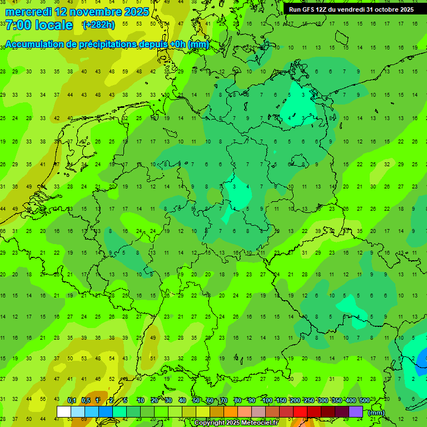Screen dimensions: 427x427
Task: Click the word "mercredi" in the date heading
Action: (28, 12)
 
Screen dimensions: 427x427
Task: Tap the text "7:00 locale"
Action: (39, 25)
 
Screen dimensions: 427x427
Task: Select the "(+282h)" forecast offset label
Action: (98, 25)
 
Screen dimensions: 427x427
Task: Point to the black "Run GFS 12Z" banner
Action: (351, 9)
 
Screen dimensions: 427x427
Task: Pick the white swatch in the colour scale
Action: (64, 411)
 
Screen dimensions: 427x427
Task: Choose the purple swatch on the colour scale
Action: (356, 411)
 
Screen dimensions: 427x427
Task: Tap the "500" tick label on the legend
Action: (364, 400)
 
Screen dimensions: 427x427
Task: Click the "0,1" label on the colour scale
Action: (72, 400)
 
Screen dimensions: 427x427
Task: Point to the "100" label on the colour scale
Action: (267, 400)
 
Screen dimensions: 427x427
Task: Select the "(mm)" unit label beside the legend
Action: (376, 413)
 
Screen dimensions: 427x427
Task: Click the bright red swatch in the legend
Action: (300, 411)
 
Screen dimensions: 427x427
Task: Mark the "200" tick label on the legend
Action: (295, 400)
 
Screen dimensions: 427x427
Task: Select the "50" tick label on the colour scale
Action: (196, 400)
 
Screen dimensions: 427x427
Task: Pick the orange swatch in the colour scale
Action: (231, 411)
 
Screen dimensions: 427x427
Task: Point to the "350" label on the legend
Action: (336, 400)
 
